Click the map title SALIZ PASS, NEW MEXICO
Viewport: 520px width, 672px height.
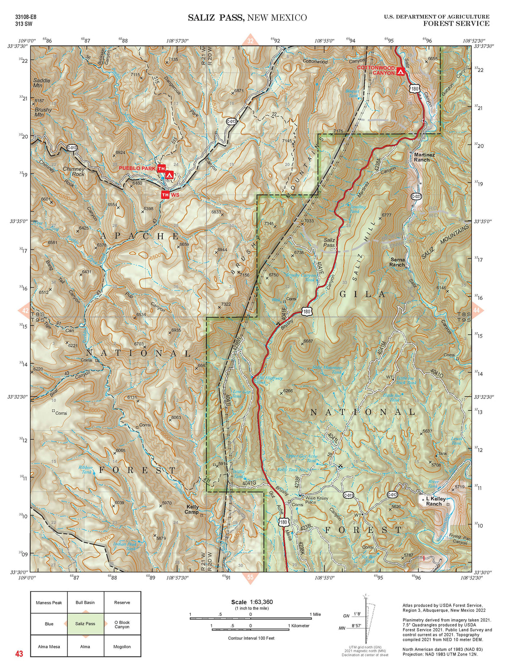pos(247,18)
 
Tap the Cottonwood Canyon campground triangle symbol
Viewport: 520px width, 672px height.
pos(401,71)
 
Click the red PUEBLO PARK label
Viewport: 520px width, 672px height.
pos(137,168)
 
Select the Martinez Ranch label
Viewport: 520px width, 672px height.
pos(424,157)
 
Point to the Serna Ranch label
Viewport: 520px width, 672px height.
pos(397,262)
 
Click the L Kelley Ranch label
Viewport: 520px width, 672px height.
pos(435,501)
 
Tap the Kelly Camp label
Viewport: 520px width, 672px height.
pos(192,509)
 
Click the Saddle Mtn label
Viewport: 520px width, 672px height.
pos(42,83)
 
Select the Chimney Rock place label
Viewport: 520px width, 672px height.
pos(74,172)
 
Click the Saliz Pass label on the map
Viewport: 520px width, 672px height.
pos(329,242)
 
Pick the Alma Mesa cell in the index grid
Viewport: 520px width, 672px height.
pos(49,646)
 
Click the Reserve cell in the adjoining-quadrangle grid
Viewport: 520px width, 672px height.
pos(122,602)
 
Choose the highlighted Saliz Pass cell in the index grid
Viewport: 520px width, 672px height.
pos(85,624)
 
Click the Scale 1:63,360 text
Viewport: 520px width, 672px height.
pos(252,602)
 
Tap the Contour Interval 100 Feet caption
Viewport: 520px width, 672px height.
pos(251,638)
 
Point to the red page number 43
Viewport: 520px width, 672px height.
pos(19,653)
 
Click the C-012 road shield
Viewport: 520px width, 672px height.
pos(392,495)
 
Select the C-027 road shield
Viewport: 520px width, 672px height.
pos(416,196)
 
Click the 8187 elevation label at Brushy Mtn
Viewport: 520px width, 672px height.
pos(39,100)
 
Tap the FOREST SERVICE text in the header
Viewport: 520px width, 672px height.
pos(456,24)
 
